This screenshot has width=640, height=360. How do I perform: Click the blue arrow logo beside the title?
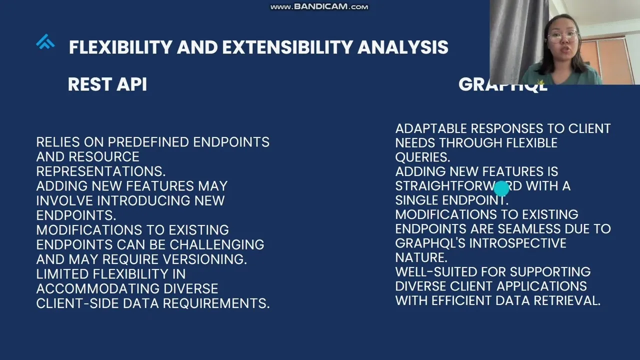click(x=45, y=41)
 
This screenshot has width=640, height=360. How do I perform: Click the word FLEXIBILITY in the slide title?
click(x=121, y=47)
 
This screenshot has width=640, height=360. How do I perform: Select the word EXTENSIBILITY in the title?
click(x=287, y=47)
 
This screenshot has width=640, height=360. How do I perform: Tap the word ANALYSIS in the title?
click(x=403, y=47)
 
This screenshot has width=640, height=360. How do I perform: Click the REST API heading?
click(x=107, y=84)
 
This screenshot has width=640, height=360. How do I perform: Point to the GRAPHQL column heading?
click(x=503, y=84)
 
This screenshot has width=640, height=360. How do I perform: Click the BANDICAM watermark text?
click(x=319, y=6)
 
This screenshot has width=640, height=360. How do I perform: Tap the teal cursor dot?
click(x=501, y=188)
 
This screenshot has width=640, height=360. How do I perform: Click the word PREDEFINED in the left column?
click(x=148, y=142)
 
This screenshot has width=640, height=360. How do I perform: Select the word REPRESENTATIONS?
click(x=101, y=171)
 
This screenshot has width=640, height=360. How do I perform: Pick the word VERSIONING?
click(x=205, y=259)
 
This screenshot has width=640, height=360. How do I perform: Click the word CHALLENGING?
click(x=217, y=244)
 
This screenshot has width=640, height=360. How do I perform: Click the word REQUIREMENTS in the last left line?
click(x=216, y=303)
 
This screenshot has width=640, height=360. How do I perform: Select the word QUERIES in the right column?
click(x=423, y=157)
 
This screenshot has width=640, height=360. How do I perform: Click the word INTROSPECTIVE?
click(x=517, y=243)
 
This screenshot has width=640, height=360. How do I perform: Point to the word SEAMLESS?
click(x=529, y=229)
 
